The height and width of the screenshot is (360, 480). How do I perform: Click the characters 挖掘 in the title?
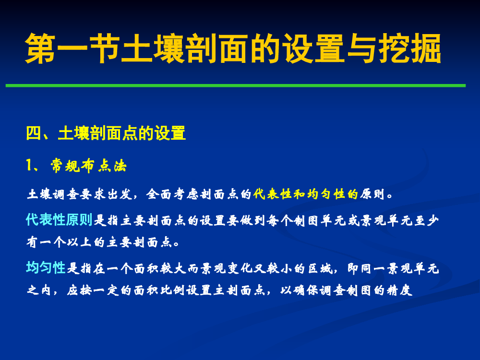409,48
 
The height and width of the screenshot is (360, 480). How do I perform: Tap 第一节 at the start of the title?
72,48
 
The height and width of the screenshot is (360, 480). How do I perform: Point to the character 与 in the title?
362,48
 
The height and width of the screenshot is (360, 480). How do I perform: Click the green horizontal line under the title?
235,85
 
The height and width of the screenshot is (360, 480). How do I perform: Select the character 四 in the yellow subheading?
34,133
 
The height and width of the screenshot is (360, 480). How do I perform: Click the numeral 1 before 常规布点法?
29,165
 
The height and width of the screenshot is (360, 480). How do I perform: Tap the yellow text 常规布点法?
88,166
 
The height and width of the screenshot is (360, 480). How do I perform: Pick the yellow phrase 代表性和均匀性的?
305,194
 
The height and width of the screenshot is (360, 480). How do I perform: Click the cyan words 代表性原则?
59,219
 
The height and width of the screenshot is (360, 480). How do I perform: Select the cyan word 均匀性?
46,267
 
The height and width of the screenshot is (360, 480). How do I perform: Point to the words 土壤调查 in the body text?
53,194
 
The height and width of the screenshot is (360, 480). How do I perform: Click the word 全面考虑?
172,194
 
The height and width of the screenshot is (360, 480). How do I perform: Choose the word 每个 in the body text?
279,220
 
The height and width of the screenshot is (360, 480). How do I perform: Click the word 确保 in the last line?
305,290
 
